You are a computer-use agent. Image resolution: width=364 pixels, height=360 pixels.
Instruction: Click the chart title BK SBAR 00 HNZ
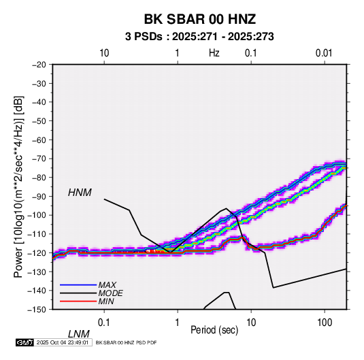200,19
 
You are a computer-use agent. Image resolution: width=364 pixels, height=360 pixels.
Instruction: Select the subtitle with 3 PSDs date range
199,37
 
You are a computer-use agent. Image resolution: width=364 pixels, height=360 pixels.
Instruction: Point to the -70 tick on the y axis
39,159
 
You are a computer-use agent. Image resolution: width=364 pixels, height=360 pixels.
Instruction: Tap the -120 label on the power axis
37,252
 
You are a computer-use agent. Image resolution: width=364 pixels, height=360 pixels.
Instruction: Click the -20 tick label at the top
39,65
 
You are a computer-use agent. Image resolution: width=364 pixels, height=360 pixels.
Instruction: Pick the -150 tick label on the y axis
37,310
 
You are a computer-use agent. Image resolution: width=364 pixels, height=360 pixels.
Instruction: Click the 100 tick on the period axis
325,323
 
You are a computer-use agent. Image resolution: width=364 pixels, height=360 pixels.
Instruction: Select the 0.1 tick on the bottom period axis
104,323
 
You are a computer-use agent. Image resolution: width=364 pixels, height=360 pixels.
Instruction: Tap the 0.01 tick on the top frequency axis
324,53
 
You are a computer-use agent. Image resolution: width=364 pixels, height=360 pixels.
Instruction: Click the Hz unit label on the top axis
214,53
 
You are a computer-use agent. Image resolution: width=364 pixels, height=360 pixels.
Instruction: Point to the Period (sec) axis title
214,330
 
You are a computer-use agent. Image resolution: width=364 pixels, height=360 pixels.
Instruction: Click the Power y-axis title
18,187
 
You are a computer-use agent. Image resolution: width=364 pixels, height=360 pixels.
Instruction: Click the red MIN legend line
78,301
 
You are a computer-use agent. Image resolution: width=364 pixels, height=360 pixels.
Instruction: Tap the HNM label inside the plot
80,193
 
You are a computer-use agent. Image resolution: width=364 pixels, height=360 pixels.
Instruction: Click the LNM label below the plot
79,334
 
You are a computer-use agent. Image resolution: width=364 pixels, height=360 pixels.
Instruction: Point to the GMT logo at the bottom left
25,342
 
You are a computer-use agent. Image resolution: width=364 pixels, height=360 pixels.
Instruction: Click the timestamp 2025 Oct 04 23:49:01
63,342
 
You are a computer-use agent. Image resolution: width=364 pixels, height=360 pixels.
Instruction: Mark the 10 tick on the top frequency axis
104,53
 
